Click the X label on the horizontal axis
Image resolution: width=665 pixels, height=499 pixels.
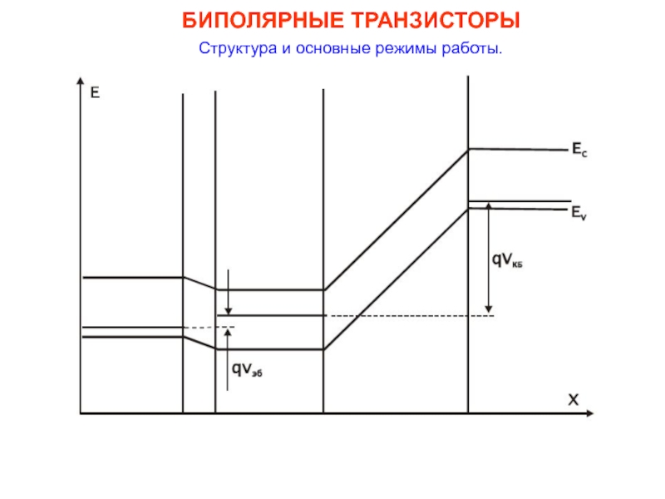573,400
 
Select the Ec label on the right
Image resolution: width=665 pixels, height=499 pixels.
578,150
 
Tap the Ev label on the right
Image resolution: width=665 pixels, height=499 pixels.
578,213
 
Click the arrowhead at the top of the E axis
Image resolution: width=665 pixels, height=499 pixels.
79,82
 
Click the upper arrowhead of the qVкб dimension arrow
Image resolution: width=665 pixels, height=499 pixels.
490,207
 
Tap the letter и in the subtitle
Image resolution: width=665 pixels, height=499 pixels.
284,48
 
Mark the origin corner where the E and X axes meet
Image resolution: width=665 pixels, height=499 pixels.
80,413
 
